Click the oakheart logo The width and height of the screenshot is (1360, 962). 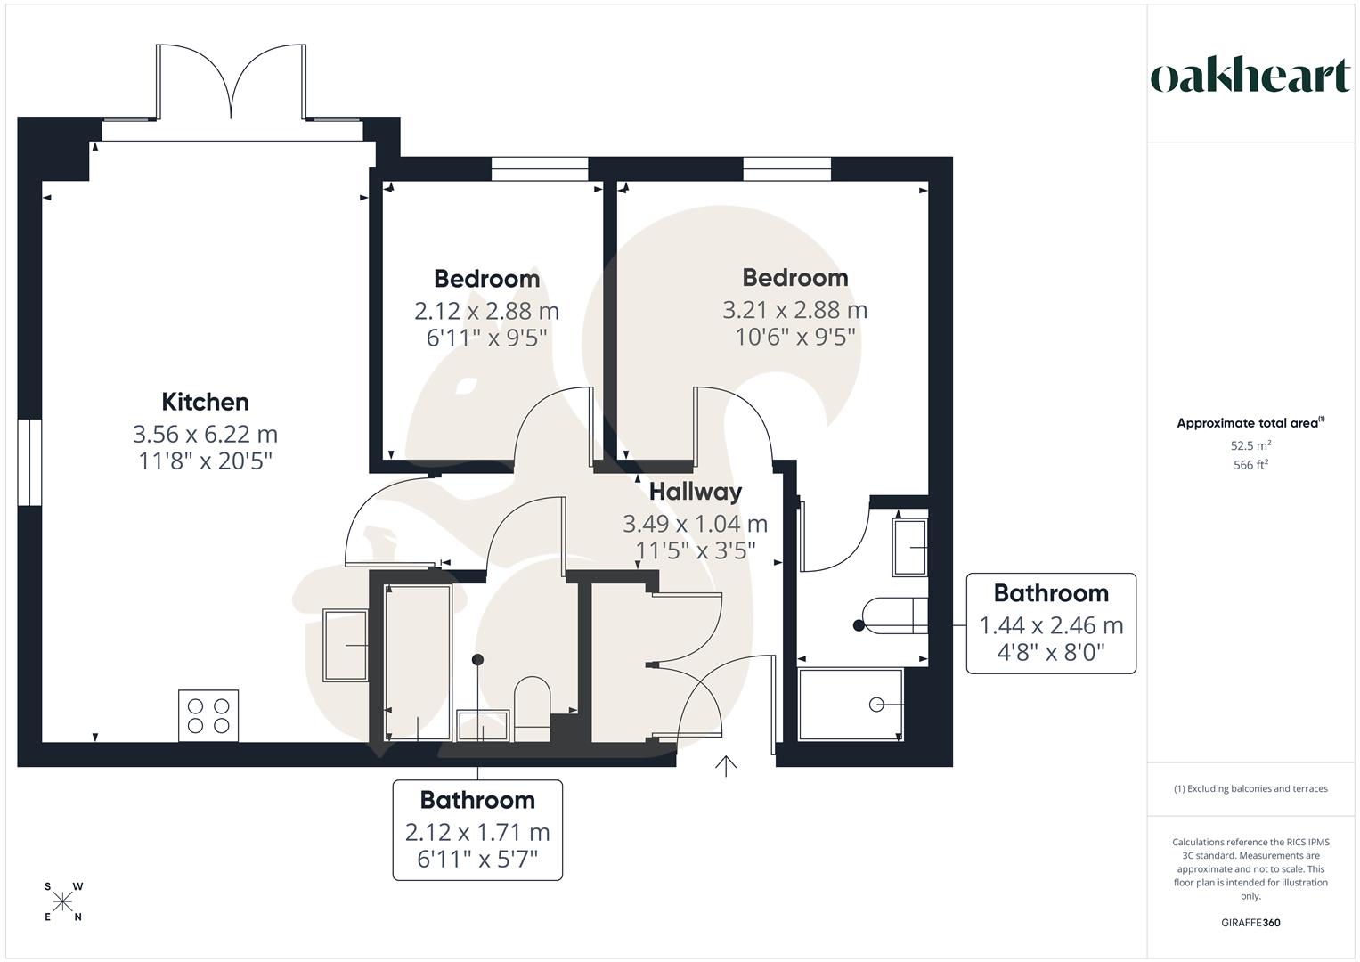pyautogui.click(x=1250, y=77)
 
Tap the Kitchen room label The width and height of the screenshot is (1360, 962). pyautogui.click(x=205, y=402)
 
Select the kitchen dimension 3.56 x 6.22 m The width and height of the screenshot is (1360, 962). pyautogui.click(x=205, y=434)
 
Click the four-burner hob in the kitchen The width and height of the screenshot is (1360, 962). pyautogui.click(x=208, y=715)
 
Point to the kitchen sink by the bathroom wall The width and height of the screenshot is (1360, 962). pyautogui.click(x=345, y=645)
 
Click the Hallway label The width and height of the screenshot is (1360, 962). pyautogui.click(x=695, y=492)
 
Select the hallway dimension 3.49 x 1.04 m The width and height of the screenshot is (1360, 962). pyautogui.click(x=695, y=524)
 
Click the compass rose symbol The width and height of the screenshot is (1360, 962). pyautogui.click(x=63, y=902)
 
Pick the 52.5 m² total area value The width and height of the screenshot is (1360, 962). pyautogui.click(x=1250, y=445)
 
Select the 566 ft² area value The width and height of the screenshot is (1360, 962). pyautogui.click(x=1250, y=465)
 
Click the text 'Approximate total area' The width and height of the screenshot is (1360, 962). pyautogui.click(x=1247, y=423)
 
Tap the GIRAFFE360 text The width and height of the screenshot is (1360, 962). pyautogui.click(x=1250, y=923)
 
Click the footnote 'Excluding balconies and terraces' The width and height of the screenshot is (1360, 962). pyautogui.click(x=1250, y=788)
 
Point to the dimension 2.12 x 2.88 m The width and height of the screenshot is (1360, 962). pyautogui.click(x=486, y=311)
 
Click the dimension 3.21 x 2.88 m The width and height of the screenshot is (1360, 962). pyautogui.click(x=794, y=310)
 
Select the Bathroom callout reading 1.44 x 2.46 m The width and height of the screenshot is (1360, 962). pyautogui.click(x=1051, y=624)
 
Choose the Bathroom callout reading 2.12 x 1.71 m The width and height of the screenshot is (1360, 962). pyautogui.click(x=477, y=830)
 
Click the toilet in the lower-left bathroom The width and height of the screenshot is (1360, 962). pyautogui.click(x=533, y=705)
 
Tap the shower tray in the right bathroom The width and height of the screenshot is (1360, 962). pyautogui.click(x=851, y=705)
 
